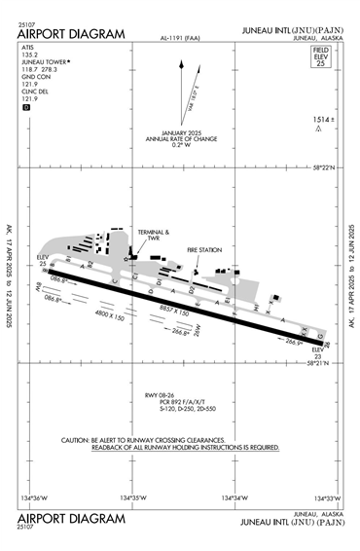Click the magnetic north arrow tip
pyautogui.click(x=181, y=60)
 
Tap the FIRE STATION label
pyautogui.click(x=204, y=250)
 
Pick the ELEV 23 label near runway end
pyautogui.click(x=317, y=352)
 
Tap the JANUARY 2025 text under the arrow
pyautogui.click(x=181, y=131)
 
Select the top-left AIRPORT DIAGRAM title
pyautogui.click(x=71, y=34)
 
